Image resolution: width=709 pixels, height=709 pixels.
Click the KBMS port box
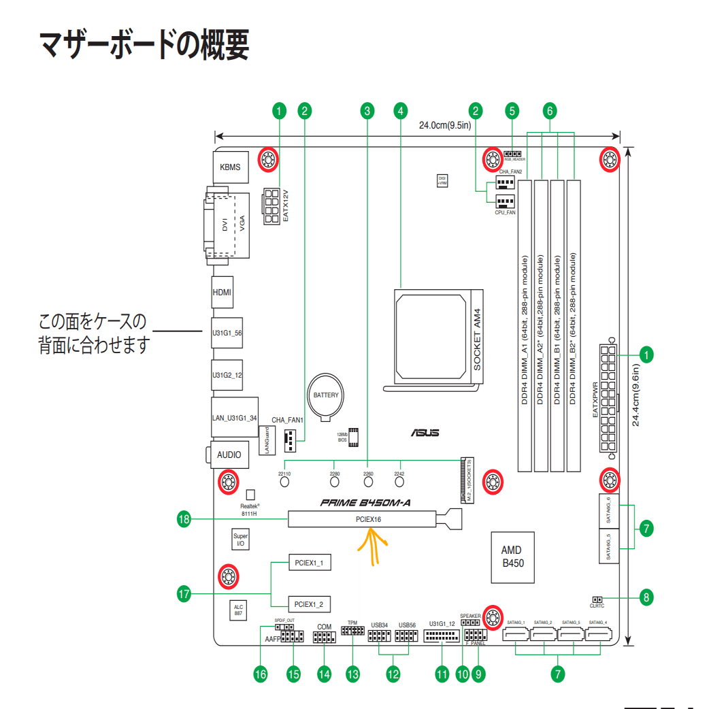coord(230,167)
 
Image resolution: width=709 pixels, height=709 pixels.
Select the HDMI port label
coord(222,292)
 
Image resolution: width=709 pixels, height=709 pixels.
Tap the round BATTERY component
coord(325,395)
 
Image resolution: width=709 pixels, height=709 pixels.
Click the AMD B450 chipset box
coord(512,557)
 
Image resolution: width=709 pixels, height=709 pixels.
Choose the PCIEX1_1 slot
coord(309,563)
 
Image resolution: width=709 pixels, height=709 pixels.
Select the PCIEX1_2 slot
coord(309,604)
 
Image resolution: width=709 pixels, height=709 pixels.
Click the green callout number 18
coord(182,519)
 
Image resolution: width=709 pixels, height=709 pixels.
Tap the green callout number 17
coord(182,594)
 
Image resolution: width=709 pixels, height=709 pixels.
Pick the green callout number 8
coord(646,598)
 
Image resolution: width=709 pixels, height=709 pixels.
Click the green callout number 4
coord(401,110)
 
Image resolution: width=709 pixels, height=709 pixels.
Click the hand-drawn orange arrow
coord(372,548)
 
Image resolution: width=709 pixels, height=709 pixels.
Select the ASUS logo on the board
coord(425,433)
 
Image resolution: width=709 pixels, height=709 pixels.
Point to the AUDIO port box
coord(229,455)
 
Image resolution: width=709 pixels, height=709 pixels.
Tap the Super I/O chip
coord(240,540)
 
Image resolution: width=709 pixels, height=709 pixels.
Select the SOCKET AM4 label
coord(477,338)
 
